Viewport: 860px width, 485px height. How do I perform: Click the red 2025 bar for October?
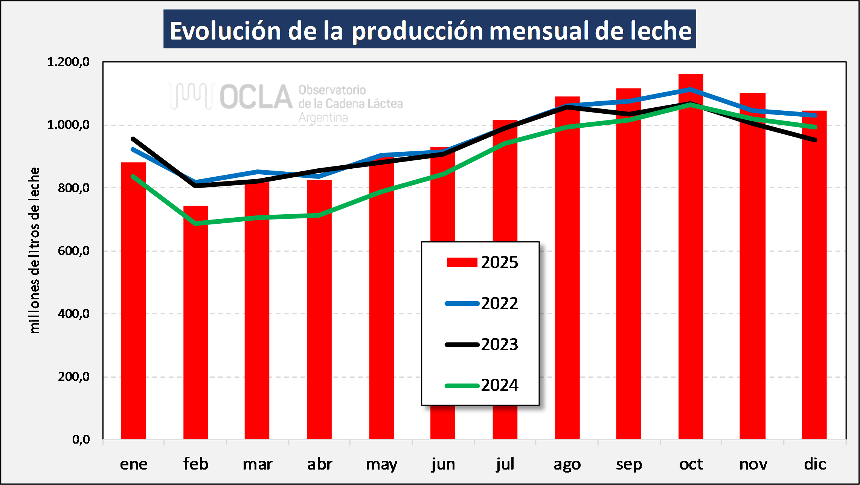click(x=691, y=264)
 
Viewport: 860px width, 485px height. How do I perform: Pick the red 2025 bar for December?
click(x=814, y=282)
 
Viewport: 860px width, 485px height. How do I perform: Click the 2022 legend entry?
click(x=482, y=304)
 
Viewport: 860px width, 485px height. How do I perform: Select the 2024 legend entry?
click(x=482, y=385)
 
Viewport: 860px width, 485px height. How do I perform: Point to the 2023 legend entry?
click(x=482, y=345)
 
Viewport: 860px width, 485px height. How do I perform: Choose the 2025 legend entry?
click(x=482, y=262)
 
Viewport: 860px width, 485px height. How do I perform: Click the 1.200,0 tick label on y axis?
click(x=68, y=62)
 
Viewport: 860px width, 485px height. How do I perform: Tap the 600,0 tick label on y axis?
click(x=74, y=251)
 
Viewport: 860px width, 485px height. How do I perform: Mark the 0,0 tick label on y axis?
click(x=81, y=439)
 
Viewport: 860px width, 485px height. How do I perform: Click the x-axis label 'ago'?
click(x=567, y=464)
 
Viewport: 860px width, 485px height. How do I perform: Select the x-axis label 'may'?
click(x=381, y=464)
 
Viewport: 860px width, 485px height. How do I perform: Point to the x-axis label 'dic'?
click(x=815, y=464)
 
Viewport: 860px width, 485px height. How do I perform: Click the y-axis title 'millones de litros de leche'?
click(x=34, y=250)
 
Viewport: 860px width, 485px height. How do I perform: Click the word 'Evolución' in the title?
click(x=225, y=31)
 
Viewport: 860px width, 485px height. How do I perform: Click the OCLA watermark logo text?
click(x=256, y=97)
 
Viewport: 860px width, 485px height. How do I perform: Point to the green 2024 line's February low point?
click(x=196, y=223)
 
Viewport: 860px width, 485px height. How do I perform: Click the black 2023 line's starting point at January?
click(x=133, y=139)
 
